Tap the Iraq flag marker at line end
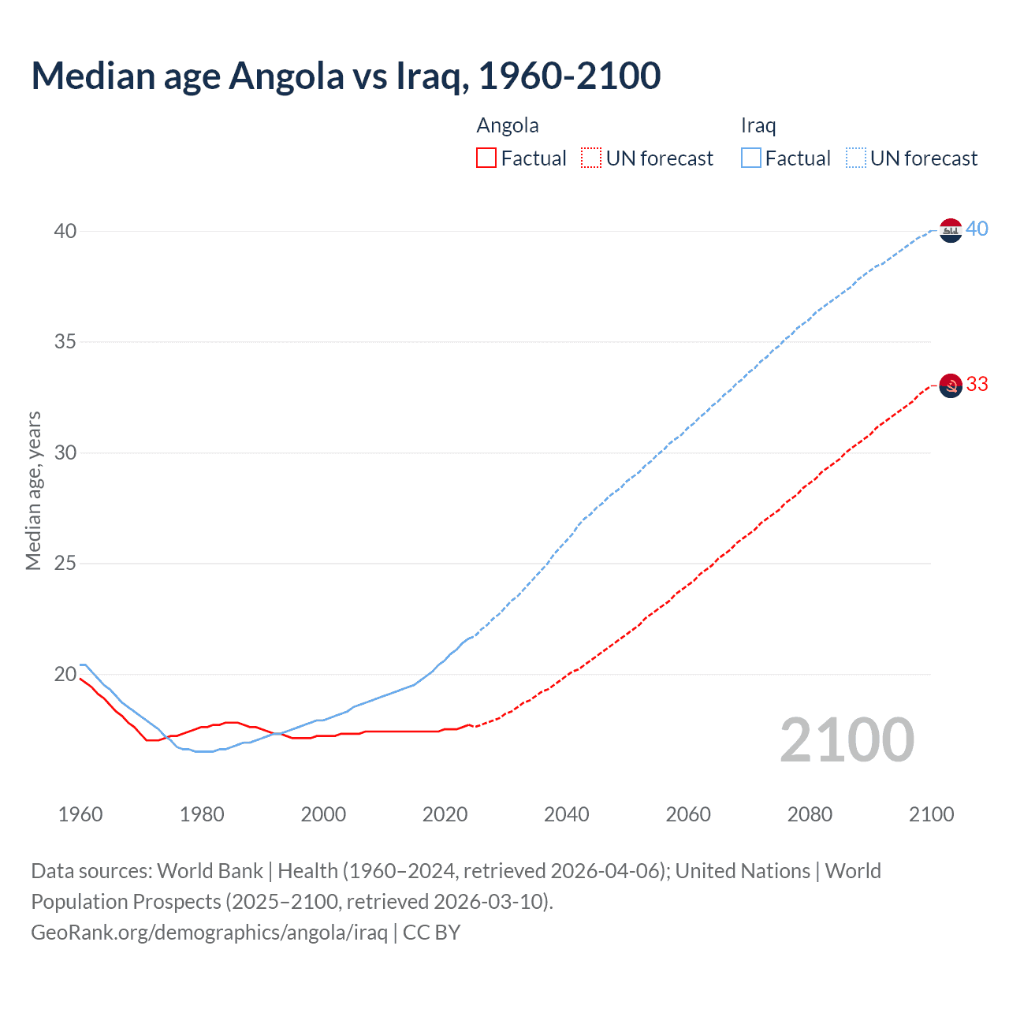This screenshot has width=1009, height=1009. coord(951,230)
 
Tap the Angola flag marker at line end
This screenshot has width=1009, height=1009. coord(951,385)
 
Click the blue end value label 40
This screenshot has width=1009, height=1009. coord(977,229)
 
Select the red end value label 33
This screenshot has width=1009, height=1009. coord(977,384)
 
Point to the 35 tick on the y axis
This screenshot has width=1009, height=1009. coord(65,342)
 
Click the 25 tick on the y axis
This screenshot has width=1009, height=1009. coord(65,564)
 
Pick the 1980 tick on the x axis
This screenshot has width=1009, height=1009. coord(202,814)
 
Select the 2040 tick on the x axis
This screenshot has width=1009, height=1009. coord(566,814)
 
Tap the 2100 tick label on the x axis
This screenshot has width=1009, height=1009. coord(931,814)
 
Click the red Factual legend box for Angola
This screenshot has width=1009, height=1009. coord(486,158)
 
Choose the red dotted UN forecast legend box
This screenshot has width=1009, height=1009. coord(591,158)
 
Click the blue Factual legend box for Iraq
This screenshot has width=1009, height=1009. coord(751,158)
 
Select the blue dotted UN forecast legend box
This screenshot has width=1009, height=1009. coord(856,158)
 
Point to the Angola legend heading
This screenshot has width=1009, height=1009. coord(508,125)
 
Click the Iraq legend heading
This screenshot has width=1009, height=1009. coord(758,125)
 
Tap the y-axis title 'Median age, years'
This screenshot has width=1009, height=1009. coord(33,490)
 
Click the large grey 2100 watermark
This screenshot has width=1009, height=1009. coord(847,740)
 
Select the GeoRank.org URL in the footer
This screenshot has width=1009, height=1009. coord(209,933)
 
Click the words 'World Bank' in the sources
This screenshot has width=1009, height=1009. coord(210,871)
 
